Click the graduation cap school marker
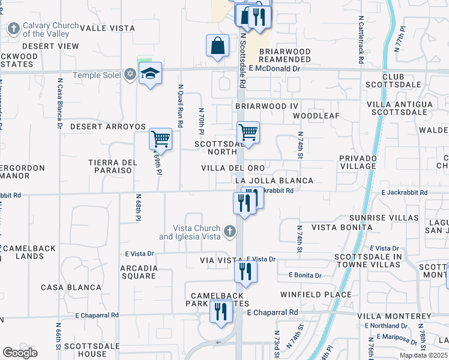tap(150, 74)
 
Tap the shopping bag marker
tap(217, 46)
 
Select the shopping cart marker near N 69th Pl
tap(160, 139)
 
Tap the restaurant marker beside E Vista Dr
tap(246, 271)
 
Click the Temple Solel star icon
tap(130, 74)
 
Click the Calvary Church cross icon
tap(13, 28)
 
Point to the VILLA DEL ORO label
tap(232, 168)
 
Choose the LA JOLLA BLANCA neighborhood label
tap(274, 181)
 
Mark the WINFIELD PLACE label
tap(316, 295)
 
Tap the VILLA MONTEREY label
tap(394, 316)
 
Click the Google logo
tap(20, 353)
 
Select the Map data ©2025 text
tap(423, 356)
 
